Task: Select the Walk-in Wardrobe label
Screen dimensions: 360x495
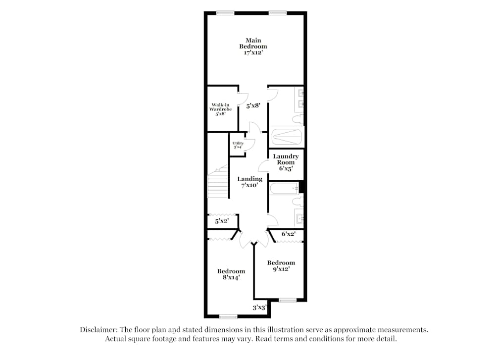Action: pyautogui.click(x=220, y=109)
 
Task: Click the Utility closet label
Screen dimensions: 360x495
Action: pyautogui.click(x=238, y=145)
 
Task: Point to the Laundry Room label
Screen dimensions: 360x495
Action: pyautogui.click(x=286, y=162)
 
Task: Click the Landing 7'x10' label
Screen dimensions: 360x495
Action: pyautogui.click(x=249, y=182)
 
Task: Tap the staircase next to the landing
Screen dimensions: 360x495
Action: pyautogui.click(x=218, y=184)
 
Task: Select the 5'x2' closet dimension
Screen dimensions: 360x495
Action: pyautogui.click(x=221, y=222)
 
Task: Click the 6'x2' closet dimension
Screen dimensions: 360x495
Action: pyautogui.click(x=288, y=234)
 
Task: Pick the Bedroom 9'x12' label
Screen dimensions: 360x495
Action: pyautogui.click(x=281, y=265)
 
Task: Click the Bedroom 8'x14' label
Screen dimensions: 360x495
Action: pyautogui.click(x=231, y=274)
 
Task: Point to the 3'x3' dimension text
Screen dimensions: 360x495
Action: pyautogui.click(x=259, y=308)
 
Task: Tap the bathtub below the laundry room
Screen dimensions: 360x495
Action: pyautogui.click(x=284, y=188)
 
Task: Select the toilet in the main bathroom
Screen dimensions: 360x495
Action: pyautogui.click(x=297, y=119)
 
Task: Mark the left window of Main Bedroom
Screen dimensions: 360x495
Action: pyautogui.click(x=226, y=12)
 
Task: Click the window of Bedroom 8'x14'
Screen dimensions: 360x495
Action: pyautogui.click(x=228, y=316)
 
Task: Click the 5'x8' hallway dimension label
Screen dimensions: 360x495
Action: pyautogui.click(x=253, y=105)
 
